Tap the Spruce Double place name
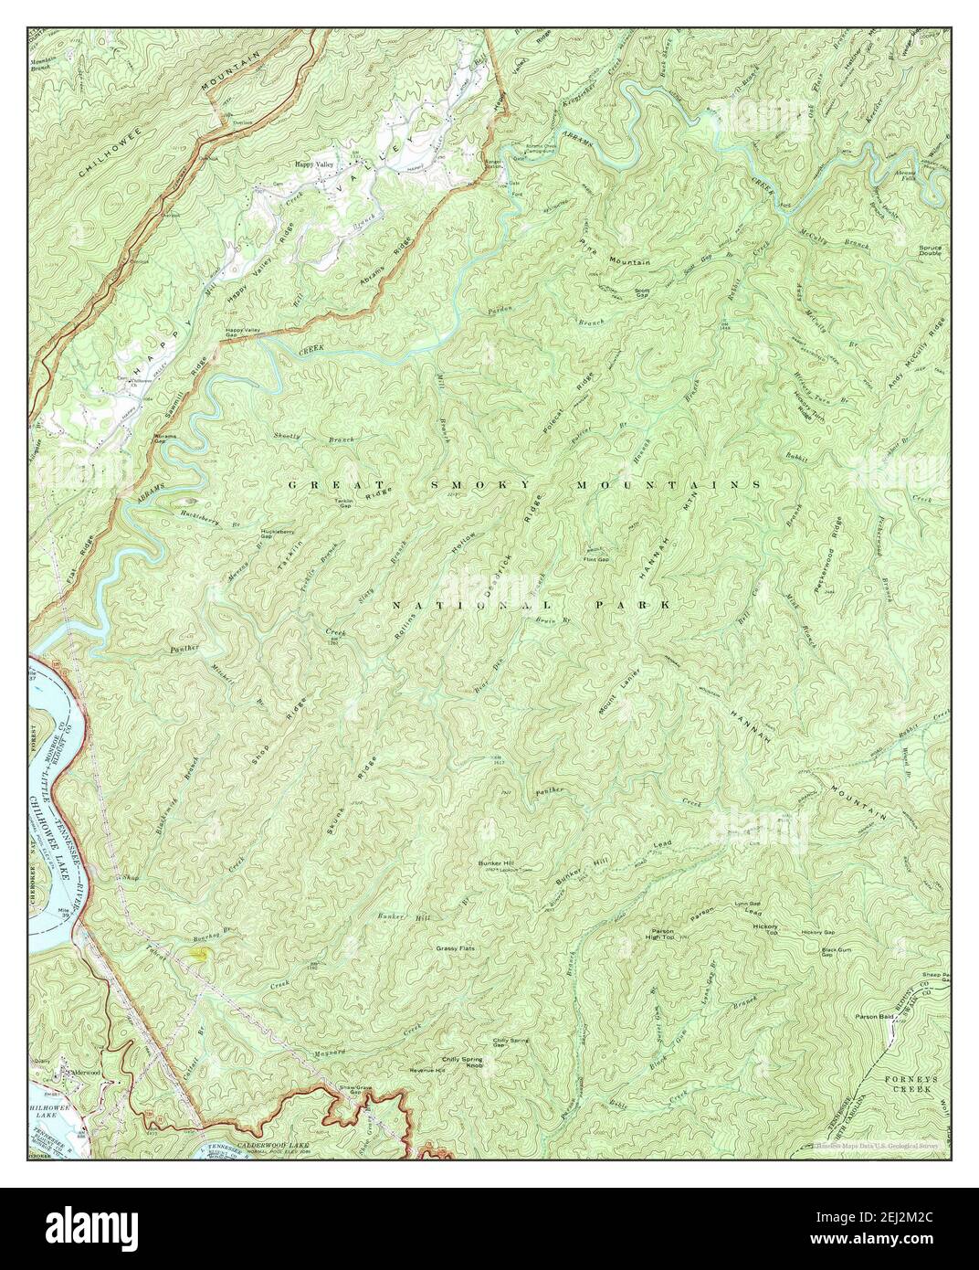[x=931, y=250]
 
